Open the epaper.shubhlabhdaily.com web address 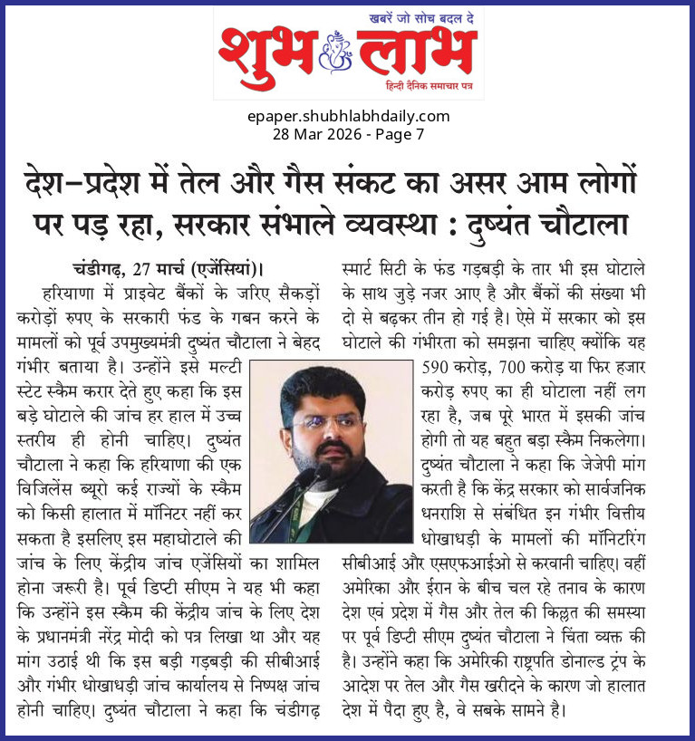point(348,116)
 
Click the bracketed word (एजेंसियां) point(217,268)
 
